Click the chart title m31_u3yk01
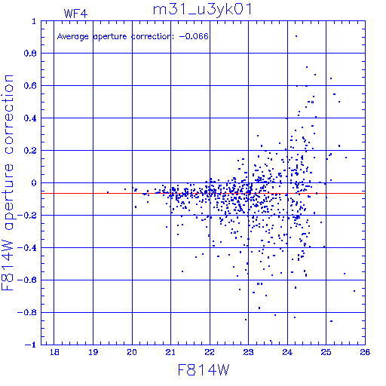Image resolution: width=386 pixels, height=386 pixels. tap(202, 10)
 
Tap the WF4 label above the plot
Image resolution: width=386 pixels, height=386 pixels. tap(75, 14)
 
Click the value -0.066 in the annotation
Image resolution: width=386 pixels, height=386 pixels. tap(194, 36)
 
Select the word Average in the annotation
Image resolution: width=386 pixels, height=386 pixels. tap(73, 37)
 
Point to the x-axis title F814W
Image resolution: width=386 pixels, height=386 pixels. tap(204, 370)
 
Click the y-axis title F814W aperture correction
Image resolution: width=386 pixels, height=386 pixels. tap(8, 182)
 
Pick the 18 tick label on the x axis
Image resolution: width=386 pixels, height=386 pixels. tap(54, 352)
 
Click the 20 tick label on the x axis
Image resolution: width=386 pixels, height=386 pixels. tap(132, 352)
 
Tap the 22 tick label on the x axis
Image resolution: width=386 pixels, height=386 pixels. tap(210, 352)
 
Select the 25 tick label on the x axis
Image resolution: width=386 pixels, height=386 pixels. tap(326, 352)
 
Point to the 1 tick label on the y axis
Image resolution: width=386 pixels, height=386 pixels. tap(34, 21)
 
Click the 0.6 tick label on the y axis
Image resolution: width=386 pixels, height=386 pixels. tap(30, 86)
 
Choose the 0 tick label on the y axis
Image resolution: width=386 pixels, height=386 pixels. tap(34, 183)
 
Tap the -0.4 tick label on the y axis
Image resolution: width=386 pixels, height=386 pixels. tap(27, 248)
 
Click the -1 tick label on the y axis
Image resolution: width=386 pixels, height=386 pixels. tap(31, 345)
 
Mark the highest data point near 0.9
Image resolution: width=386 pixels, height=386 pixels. tap(296, 36)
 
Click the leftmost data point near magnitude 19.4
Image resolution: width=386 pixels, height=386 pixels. tap(108, 192)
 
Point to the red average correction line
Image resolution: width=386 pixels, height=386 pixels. tap(203, 193)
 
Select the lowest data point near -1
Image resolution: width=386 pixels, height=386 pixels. tap(271, 341)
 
